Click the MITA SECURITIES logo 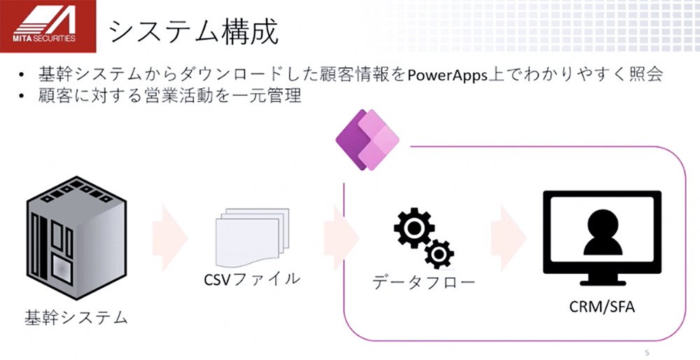48,26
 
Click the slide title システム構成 194,32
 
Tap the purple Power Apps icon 367,140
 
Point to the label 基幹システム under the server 76,317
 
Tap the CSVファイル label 252,279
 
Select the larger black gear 414,228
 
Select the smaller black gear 440,254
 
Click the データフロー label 423,282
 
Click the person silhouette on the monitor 603,233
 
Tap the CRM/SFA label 602,307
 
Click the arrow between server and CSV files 169,237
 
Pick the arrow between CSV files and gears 342,237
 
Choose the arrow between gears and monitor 508,237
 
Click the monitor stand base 602,282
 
